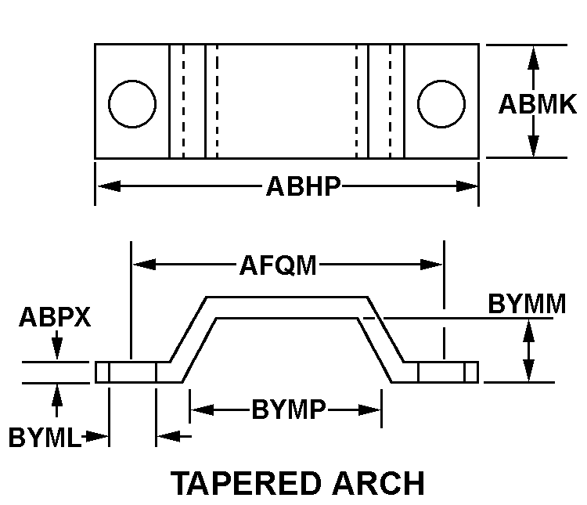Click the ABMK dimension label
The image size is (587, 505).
pos(538,103)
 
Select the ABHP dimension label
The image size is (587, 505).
pos(304,186)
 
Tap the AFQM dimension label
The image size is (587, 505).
pos(278,265)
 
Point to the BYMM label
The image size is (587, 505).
pos(526,303)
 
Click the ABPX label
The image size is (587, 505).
pos(56,317)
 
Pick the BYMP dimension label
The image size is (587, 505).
pos(288,409)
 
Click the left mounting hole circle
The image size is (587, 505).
pos(132,103)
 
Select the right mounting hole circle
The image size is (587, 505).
pos(441,103)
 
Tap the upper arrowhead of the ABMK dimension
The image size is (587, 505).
pos(532,56)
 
